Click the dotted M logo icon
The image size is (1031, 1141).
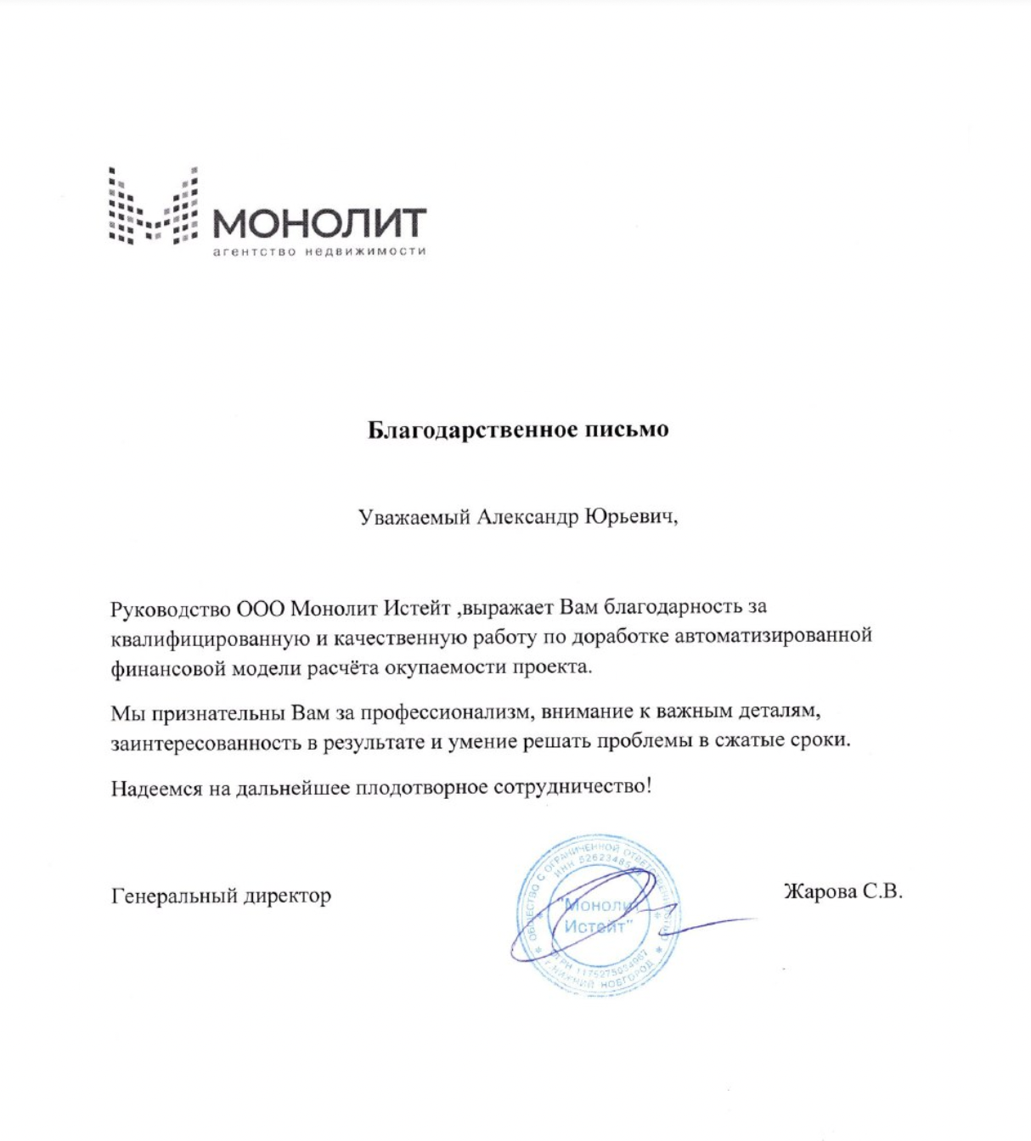tap(153, 205)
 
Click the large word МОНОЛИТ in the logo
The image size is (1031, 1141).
tap(318, 223)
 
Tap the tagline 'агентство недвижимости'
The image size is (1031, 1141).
tap(318, 251)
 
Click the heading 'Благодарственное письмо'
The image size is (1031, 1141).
tap(518, 430)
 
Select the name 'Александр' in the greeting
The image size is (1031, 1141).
tap(527, 517)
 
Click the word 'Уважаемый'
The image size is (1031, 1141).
tap(414, 518)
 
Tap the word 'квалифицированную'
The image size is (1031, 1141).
tap(210, 638)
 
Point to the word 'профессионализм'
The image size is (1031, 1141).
tap(447, 711)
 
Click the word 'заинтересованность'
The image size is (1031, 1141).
tap(206, 743)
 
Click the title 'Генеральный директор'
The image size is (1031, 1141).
tap(221, 896)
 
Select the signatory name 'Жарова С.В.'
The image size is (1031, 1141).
tap(842, 891)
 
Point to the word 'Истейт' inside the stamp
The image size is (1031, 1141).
tap(595, 926)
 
